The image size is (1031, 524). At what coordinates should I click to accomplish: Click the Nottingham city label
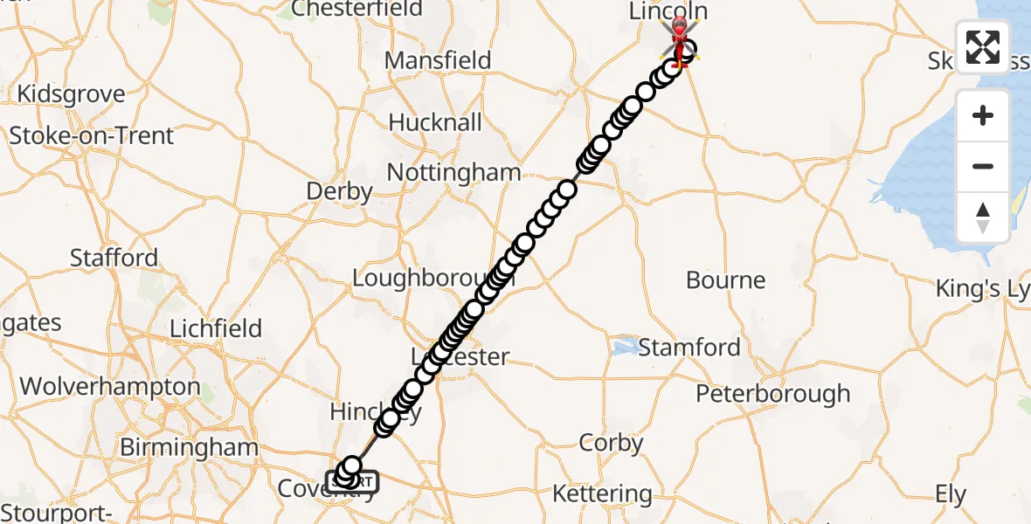tap(453, 172)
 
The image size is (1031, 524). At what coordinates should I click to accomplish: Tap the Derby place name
tap(340, 191)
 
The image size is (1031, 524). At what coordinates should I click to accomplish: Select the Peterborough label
tap(772, 394)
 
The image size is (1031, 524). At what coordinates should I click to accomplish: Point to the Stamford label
tap(689, 348)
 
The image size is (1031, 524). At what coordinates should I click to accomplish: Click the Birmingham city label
tap(189, 448)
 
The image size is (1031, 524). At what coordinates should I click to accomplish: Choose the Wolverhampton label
tap(109, 386)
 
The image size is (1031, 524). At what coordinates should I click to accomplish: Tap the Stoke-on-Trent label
tap(92, 136)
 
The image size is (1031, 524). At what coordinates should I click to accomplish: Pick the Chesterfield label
tap(356, 10)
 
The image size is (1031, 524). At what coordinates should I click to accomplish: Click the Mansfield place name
tap(439, 60)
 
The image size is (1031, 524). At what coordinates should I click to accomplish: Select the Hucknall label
tap(435, 122)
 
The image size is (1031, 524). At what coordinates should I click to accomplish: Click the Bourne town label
tap(725, 280)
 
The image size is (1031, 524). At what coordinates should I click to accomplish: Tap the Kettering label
tap(602, 494)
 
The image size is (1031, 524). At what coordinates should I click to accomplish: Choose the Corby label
tap(611, 443)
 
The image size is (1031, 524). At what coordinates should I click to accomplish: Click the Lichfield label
tap(216, 328)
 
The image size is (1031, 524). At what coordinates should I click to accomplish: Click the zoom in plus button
tap(983, 115)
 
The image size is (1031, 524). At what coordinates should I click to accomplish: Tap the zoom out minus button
tap(983, 166)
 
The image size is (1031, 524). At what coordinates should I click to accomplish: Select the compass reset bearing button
tap(983, 217)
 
